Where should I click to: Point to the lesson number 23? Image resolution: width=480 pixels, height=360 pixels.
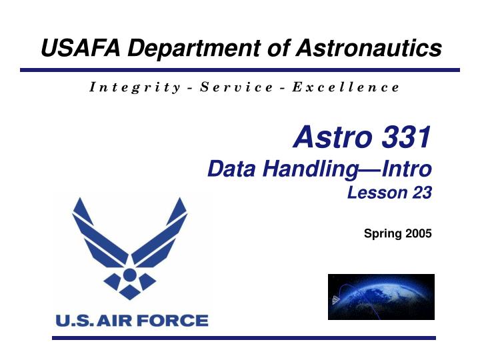click(422, 193)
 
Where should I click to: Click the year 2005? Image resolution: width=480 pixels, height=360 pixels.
click(418, 233)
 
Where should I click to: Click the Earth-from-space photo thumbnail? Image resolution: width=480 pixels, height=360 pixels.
click(381, 297)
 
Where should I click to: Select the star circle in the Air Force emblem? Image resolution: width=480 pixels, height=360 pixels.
click(130, 275)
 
